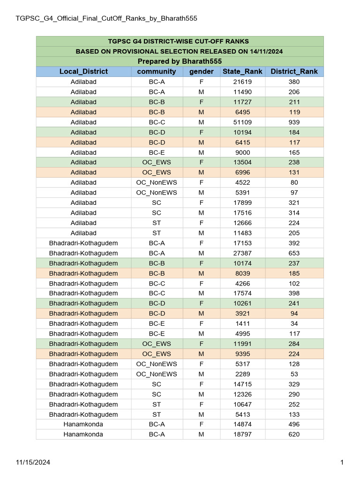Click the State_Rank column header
242,72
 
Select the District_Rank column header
294,72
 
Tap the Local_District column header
83,72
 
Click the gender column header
201,72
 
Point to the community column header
157,72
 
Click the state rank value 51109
242,122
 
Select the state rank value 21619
242,82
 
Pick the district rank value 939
294,122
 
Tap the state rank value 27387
242,254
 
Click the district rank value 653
294,254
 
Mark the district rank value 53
294,375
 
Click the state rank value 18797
242,435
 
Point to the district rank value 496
294,425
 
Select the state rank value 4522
242,183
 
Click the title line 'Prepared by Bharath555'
180,61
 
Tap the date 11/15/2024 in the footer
33,463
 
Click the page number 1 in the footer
342,463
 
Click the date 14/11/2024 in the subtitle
264,52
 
